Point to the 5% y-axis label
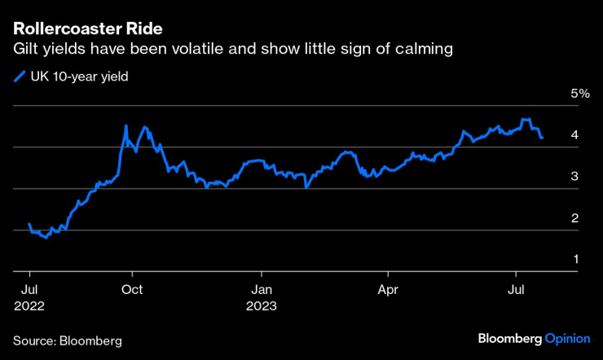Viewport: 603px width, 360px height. tap(579, 94)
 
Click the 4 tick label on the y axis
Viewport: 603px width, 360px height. tap(575, 135)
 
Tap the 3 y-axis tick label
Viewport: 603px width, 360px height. tap(575, 177)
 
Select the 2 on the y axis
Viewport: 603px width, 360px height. tap(575, 218)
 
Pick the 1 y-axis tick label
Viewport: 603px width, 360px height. tap(575, 259)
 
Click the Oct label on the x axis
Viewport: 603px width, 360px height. tap(132, 289)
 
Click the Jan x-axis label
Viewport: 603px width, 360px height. tap(261, 289)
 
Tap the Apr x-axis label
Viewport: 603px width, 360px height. tap(388, 289)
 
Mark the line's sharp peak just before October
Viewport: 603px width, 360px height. tap(125, 126)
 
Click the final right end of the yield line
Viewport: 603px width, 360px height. tap(543, 138)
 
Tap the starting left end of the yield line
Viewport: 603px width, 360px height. tap(29, 224)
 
